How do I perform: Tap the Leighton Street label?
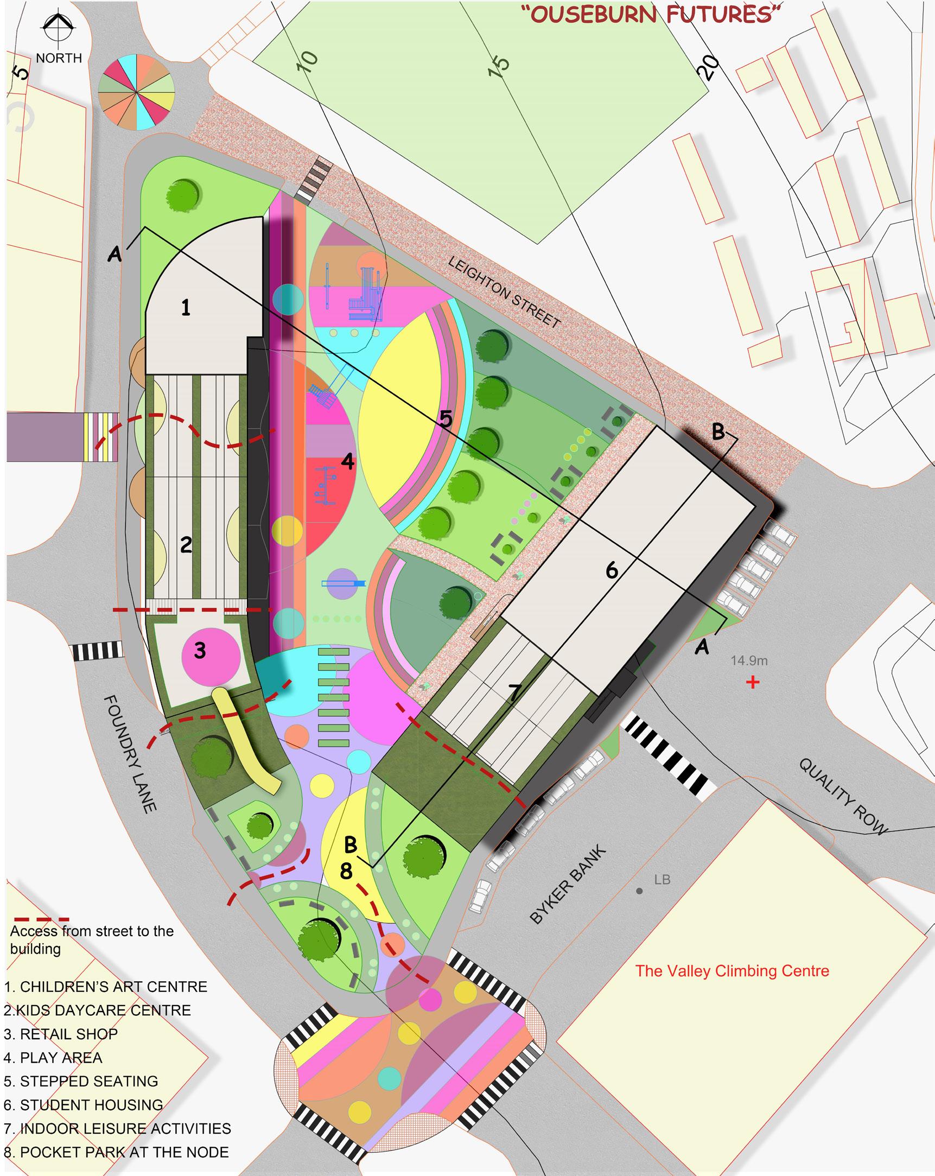(x=504, y=292)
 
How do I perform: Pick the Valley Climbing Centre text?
(x=732, y=971)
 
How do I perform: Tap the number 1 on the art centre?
(x=186, y=308)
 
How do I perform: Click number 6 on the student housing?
(x=612, y=570)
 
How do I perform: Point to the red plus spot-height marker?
(x=753, y=682)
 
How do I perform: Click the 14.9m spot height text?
(x=749, y=660)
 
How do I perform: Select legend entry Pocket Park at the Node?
(x=116, y=1152)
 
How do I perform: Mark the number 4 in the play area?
(x=347, y=462)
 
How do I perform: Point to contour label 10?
(x=307, y=61)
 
